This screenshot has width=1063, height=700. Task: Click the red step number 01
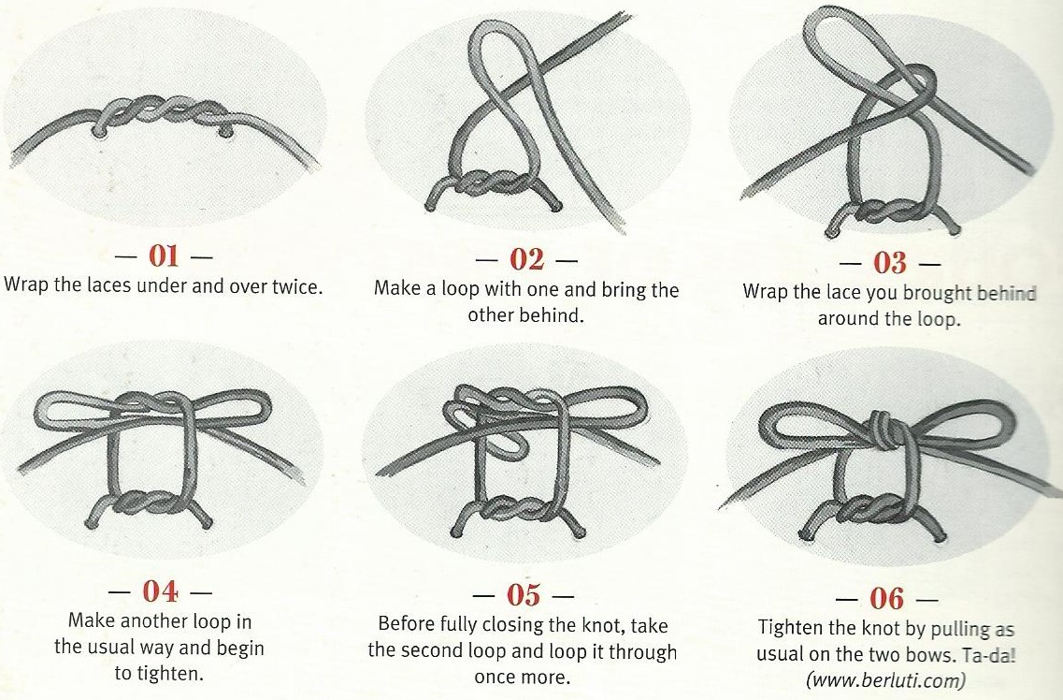(x=164, y=255)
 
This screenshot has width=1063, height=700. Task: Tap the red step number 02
(x=526, y=258)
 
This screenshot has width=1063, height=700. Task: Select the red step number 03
(x=890, y=262)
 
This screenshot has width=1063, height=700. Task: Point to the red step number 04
(x=160, y=591)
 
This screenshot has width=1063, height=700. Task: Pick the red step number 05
(x=524, y=595)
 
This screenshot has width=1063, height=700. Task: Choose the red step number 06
(x=886, y=598)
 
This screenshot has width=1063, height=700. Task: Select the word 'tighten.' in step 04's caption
(x=159, y=674)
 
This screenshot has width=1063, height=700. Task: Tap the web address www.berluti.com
(x=885, y=679)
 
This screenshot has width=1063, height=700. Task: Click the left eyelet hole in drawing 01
(x=100, y=134)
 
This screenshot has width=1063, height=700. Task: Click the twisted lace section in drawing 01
(x=163, y=109)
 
